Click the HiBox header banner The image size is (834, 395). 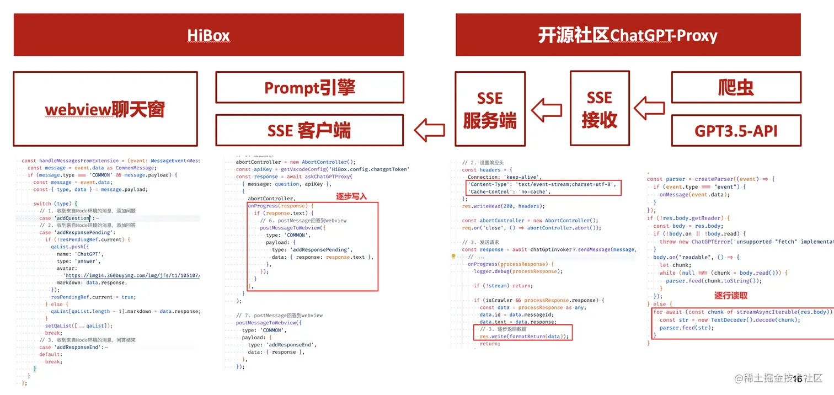click(x=209, y=35)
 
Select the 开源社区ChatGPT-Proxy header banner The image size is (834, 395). click(x=628, y=35)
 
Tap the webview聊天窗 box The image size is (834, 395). click(x=105, y=108)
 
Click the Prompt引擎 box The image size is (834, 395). click(x=309, y=87)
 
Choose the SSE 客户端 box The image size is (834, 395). click(x=309, y=130)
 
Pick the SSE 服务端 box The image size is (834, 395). click(x=490, y=109)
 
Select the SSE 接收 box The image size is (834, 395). click(x=599, y=109)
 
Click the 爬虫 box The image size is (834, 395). click(x=736, y=87)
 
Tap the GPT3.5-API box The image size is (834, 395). click(x=736, y=130)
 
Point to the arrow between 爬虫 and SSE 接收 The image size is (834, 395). click(x=649, y=108)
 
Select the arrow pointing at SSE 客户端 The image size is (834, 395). click(x=429, y=131)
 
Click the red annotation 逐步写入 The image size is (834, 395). click(x=351, y=196)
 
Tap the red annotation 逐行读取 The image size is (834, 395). click(x=731, y=295)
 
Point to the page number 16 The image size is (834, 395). click(x=797, y=378)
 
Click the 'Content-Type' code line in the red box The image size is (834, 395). click(x=542, y=184)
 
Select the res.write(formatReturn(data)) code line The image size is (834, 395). click(x=523, y=336)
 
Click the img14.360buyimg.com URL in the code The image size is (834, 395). click(x=132, y=275)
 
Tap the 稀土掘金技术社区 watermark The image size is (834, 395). click(x=778, y=378)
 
